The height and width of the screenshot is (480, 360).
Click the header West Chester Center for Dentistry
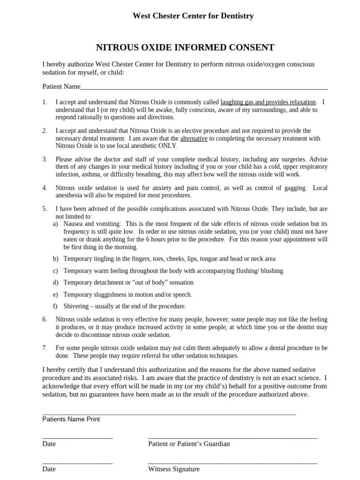point(193,16)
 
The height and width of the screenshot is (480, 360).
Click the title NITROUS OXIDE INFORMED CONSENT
point(185,47)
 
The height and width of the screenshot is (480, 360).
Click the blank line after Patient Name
point(204,87)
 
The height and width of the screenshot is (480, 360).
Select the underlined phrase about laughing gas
point(268,102)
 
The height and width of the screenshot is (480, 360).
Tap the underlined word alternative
point(194,138)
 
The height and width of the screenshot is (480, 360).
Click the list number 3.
point(45,159)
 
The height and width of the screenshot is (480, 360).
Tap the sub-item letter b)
point(55,258)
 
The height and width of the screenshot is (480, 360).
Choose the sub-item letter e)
point(55,294)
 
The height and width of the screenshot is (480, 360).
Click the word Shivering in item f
point(77,306)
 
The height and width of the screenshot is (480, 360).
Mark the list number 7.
point(45,348)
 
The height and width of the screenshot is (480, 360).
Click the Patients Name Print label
point(71,419)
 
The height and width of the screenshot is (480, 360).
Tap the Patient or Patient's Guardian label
point(189,443)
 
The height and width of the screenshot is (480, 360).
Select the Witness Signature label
point(173,469)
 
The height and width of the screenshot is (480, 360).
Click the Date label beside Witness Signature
point(49,469)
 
